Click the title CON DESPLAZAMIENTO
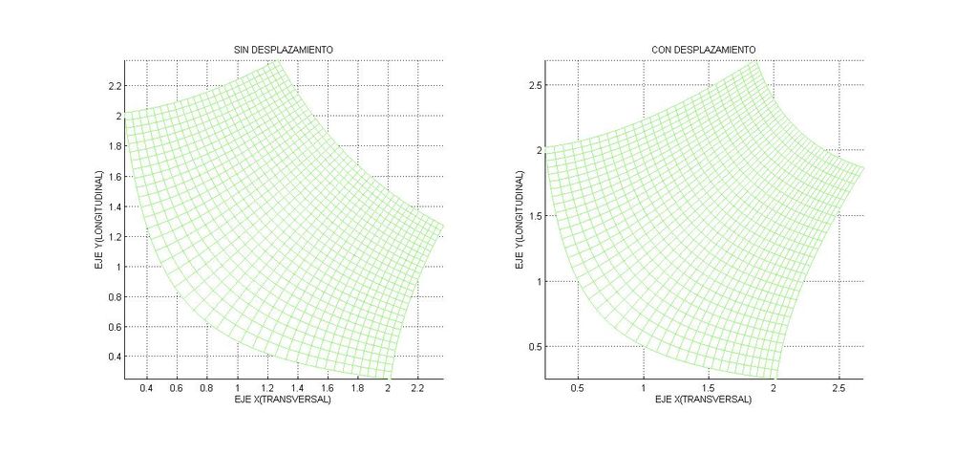(703, 49)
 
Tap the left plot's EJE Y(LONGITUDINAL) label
(99, 220)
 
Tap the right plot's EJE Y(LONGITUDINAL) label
(520, 220)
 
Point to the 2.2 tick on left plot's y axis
(115, 86)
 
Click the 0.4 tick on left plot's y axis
(115, 357)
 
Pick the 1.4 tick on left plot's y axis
(115, 206)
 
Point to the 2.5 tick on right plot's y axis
(537, 86)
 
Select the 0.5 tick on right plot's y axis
(537, 346)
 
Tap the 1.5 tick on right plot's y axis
(537, 216)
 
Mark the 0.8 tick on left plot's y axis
(115, 296)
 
